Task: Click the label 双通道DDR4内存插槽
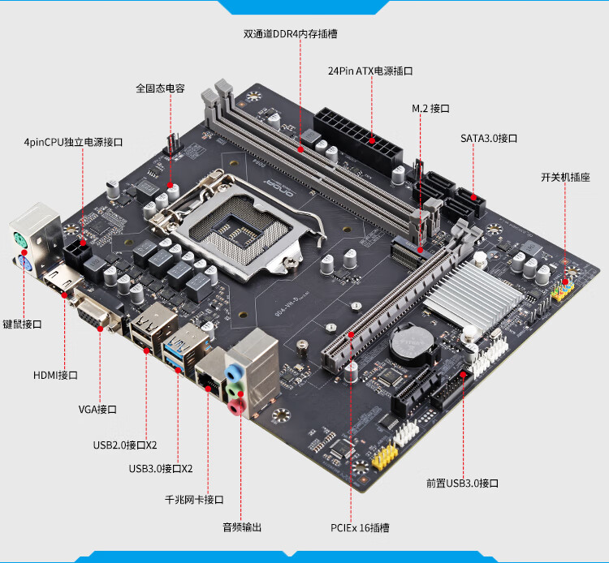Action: click(x=290, y=34)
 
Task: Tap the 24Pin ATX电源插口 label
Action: click(x=370, y=71)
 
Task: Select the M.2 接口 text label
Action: click(x=430, y=109)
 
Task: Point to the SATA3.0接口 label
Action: click(x=489, y=139)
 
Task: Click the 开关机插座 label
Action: click(x=565, y=178)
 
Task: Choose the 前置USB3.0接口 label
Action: click(x=462, y=483)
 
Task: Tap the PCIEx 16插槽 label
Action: click(x=360, y=528)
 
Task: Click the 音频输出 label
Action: click(x=242, y=527)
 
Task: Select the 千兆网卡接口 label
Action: click(x=194, y=500)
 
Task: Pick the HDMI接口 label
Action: click(x=55, y=376)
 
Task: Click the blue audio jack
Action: click(x=233, y=374)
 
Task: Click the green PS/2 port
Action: click(x=20, y=241)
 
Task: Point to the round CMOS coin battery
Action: click(x=412, y=344)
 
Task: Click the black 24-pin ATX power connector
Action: click(x=357, y=140)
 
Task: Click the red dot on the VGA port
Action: click(x=100, y=329)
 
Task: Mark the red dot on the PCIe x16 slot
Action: click(x=351, y=334)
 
